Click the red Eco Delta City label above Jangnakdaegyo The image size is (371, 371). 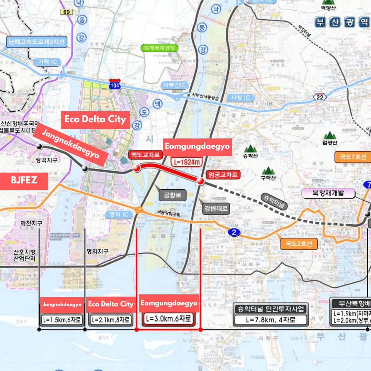point(95,120)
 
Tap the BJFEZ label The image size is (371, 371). point(24,180)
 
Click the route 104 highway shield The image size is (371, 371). point(114,84)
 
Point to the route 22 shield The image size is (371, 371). point(319,97)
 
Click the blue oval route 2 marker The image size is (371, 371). point(234,233)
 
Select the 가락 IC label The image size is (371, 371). point(47,62)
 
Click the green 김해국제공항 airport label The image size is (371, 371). point(160,48)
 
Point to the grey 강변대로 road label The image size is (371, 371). point(216,208)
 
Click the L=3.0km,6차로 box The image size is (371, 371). point(168,318)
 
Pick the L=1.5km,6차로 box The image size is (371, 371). point(62,319)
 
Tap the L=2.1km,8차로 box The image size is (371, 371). point(110,319)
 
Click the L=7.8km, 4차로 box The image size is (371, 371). point(270,320)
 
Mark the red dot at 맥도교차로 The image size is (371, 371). point(137,168)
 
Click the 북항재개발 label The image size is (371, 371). point(328,193)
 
